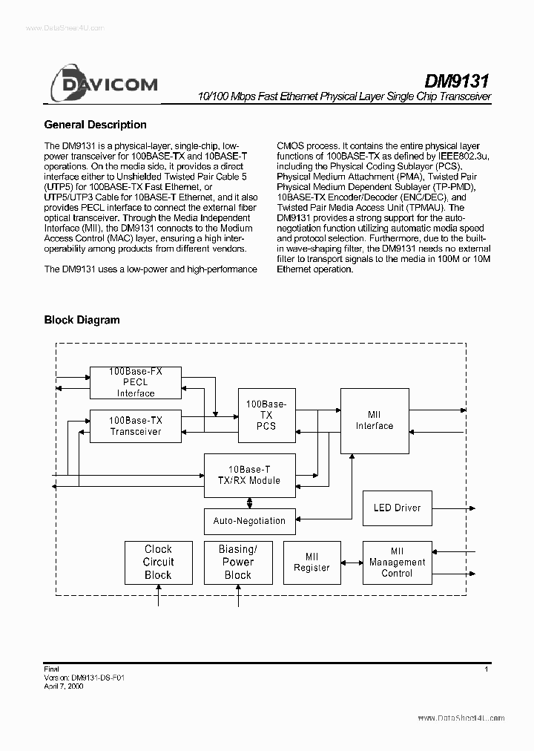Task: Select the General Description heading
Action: point(95,125)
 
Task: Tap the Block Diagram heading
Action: point(82,320)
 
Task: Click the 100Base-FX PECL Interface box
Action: point(135,381)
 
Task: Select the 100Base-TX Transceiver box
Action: point(135,426)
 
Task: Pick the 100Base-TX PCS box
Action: point(266,415)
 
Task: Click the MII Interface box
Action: point(374,420)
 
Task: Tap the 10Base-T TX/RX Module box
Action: point(249,475)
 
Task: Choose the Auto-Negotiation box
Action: point(249,521)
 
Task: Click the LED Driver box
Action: point(396,508)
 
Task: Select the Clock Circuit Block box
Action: point(158,563)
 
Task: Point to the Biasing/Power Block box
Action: point(237,563)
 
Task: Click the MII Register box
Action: point(311,563)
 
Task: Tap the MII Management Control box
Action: point(397,563)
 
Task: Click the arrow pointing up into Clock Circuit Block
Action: point(158,596)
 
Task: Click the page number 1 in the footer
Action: point(486,669)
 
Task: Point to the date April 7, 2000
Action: point(64,687)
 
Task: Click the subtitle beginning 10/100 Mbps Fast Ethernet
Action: point(344,98)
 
